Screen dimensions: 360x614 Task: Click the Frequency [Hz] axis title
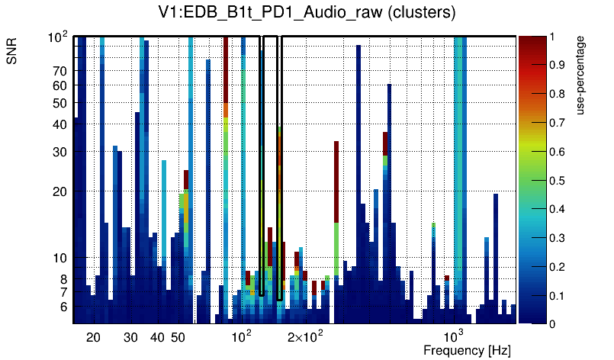[466, 350]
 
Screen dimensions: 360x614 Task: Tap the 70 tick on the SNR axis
[60, 71]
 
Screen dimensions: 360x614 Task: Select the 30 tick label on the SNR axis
[60, 152]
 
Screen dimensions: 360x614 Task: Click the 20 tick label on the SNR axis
[60, 191]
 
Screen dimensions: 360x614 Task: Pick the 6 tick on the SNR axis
[64, 307]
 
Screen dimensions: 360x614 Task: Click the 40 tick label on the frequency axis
[157, 337]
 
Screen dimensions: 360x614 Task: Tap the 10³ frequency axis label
[455, 336]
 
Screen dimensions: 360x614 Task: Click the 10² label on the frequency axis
[242, 336]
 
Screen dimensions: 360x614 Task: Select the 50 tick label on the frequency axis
[178, 337]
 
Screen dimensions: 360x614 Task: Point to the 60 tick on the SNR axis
[60, 85]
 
